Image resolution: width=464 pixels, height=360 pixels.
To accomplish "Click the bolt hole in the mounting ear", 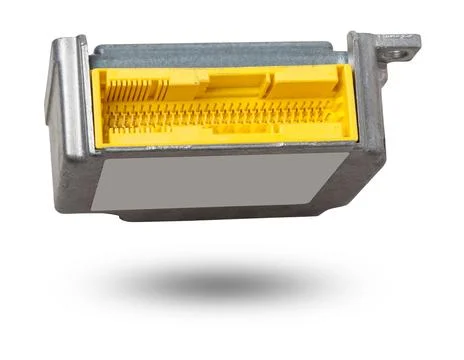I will point(403,43).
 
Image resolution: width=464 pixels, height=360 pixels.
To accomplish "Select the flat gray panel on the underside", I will point(220,182).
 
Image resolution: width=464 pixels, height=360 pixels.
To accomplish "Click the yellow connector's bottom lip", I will point(220,143).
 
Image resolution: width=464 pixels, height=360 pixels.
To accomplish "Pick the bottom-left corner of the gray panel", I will point(92,209).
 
